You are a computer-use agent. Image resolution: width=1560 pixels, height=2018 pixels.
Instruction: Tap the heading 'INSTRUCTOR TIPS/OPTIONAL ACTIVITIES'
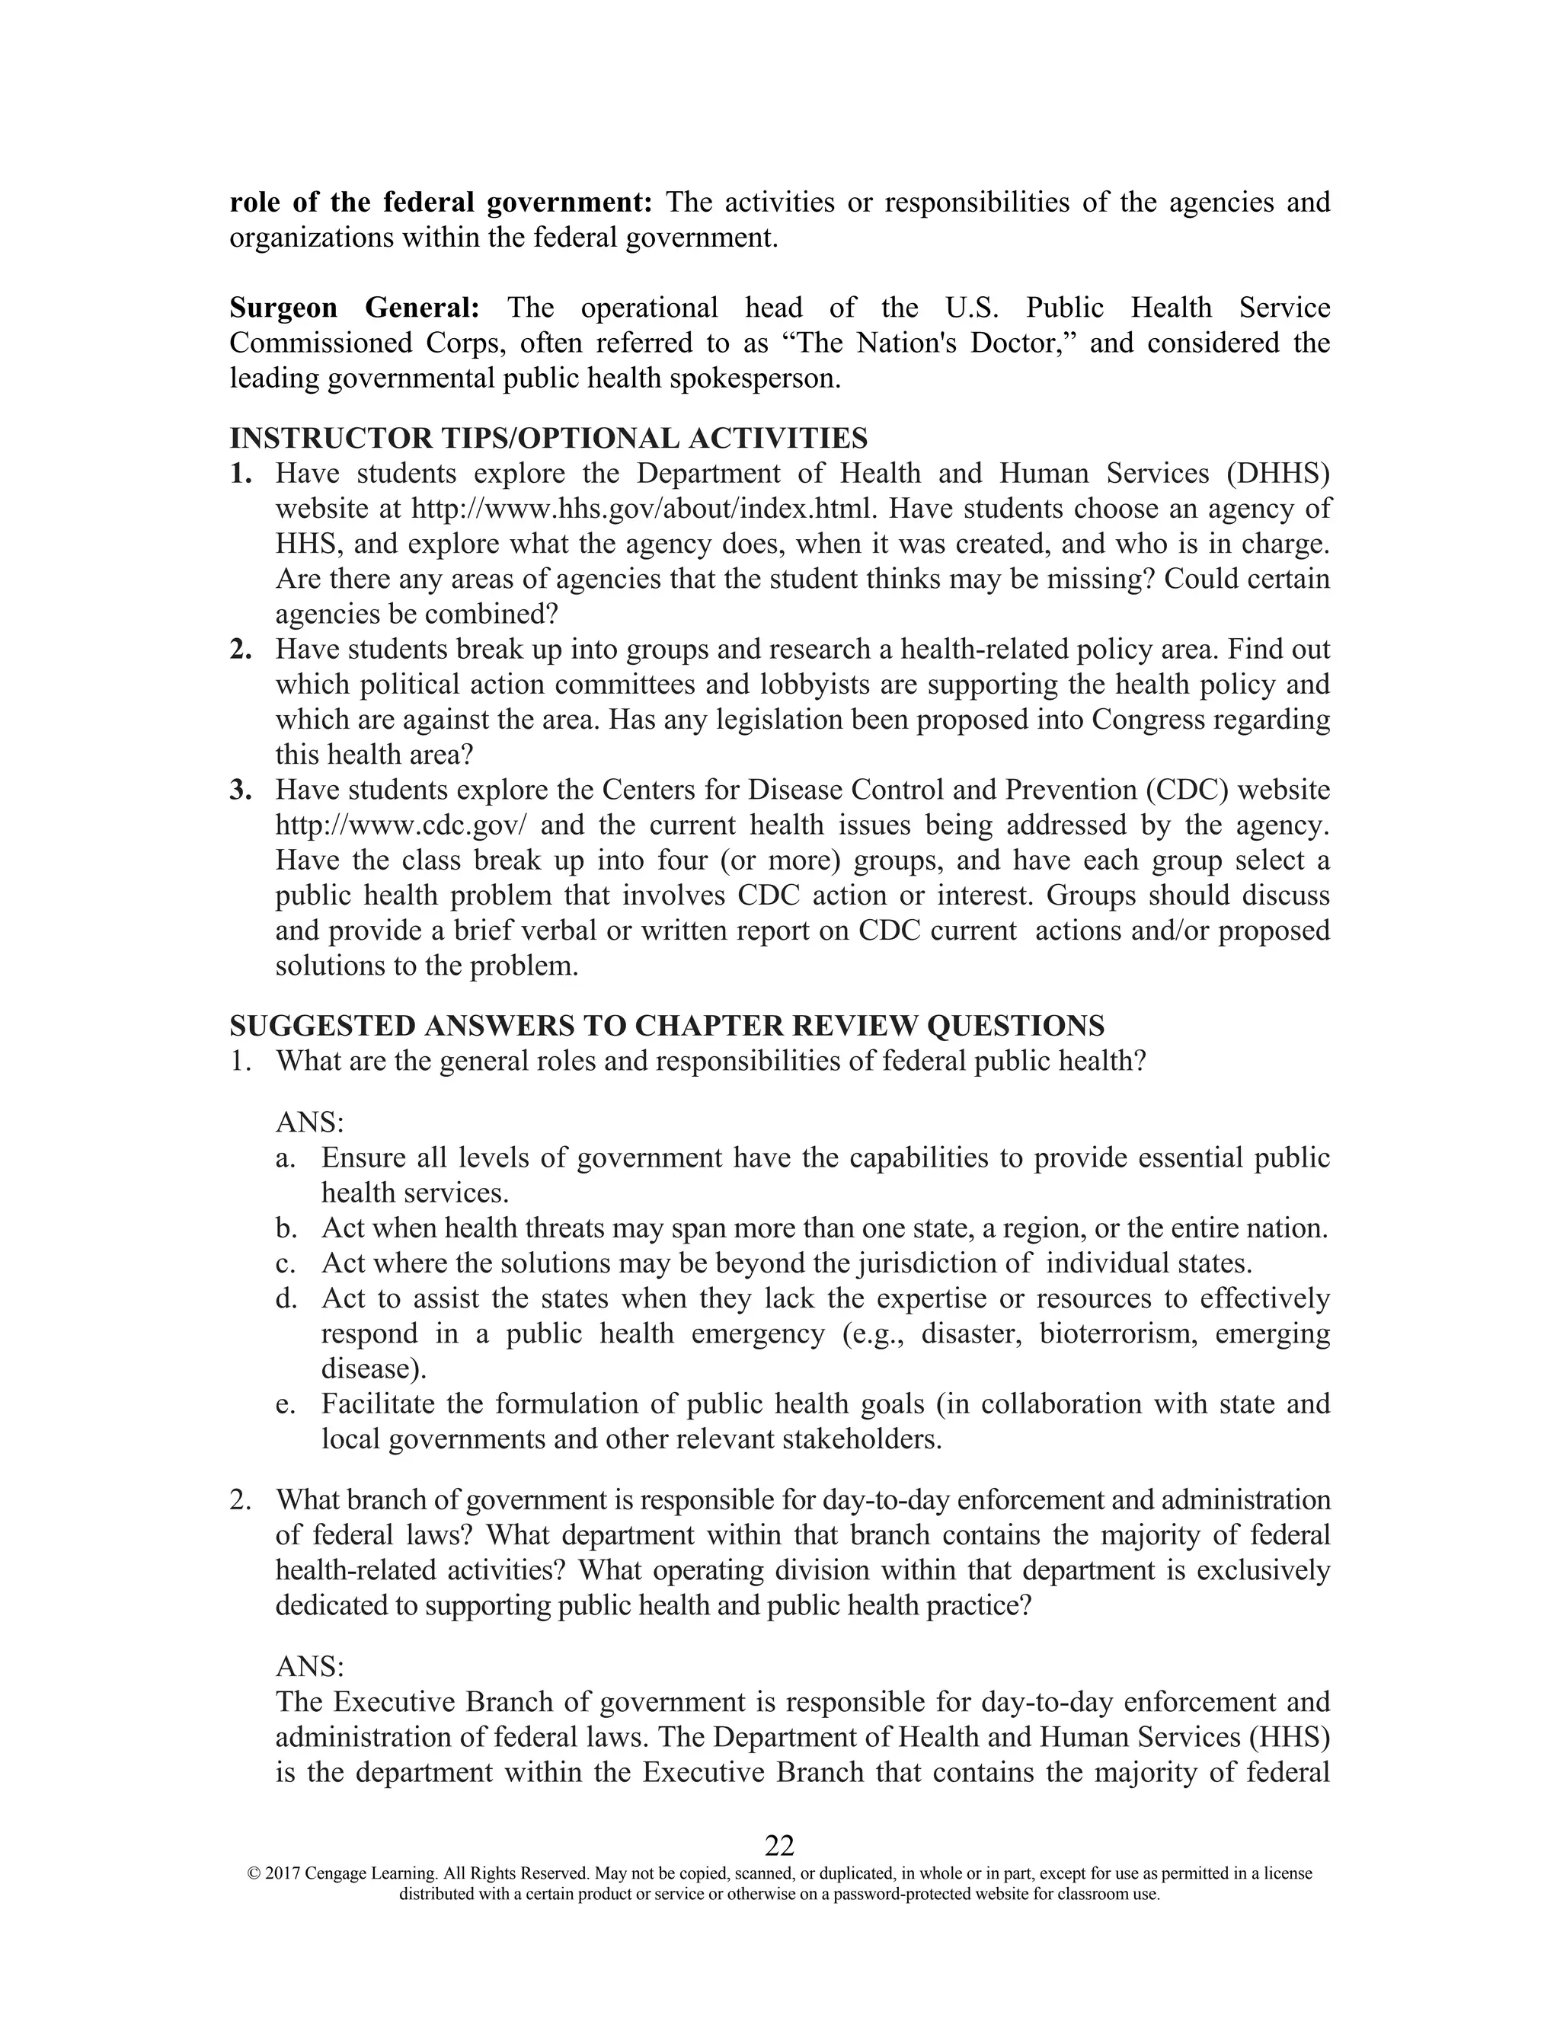point(548,438)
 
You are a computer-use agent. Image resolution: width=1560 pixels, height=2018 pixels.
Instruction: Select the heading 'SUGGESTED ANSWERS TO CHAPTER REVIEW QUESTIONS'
point(667,1026)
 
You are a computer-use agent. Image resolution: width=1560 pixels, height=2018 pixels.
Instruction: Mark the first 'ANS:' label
point(309,1123)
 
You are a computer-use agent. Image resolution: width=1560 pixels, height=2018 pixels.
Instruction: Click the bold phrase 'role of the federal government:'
point(442,203)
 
